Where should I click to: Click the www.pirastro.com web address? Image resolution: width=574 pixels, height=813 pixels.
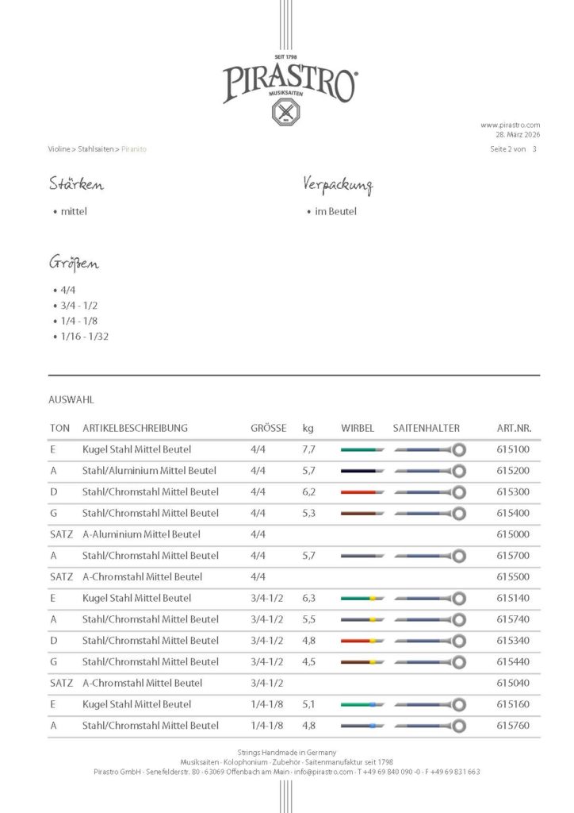(510, 125)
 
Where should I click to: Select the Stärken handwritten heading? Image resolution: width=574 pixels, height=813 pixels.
(76, 185)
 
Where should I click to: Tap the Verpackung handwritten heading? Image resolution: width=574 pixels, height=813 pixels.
(338, 185)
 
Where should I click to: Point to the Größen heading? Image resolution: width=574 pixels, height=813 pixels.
(74, 264)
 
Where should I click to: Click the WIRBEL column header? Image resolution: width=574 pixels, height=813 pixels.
(358, 428)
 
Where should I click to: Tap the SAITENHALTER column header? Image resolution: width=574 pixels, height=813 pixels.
(426, 428)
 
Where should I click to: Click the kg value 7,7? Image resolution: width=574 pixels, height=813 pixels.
(309, 449)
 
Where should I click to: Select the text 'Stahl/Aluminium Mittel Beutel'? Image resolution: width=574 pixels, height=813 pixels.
(150, 471)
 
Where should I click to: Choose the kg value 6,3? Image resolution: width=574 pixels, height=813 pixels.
(309, 598)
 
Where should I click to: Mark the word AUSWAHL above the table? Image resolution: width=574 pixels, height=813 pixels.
(71, 400)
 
